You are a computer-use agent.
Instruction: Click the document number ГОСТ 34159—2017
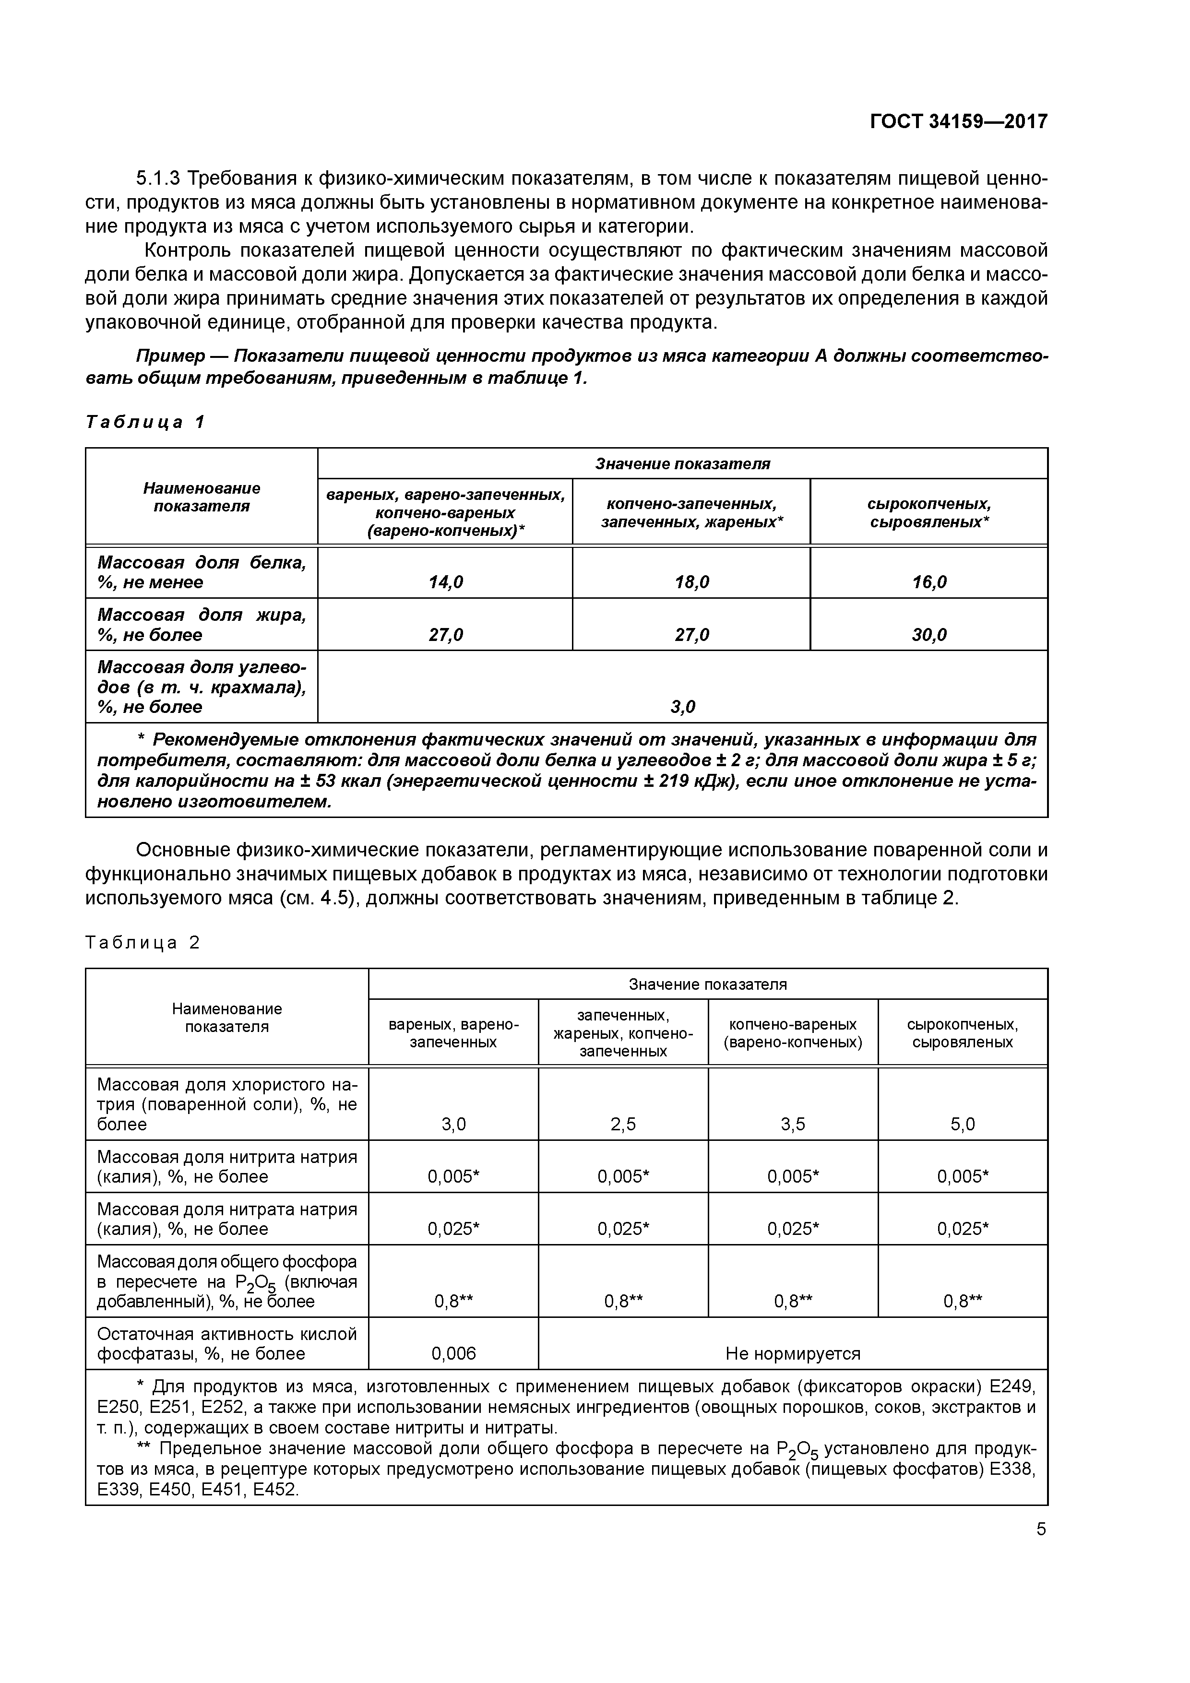coord(958,121)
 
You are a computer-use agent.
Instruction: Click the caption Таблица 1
coord(145,422)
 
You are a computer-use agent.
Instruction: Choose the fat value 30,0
coord(929,635)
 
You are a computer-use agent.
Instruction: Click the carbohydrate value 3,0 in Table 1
coord(683,707)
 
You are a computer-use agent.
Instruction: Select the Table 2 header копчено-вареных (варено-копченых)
coord(793,1033)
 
